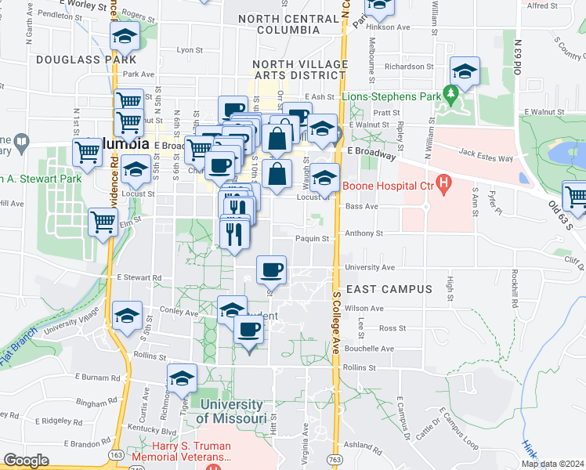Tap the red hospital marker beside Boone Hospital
click(x=444, y=186)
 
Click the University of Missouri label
click(x=230, y=411)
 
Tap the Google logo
click(x=26, y=461)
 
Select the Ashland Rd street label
click(x=362, y=444)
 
